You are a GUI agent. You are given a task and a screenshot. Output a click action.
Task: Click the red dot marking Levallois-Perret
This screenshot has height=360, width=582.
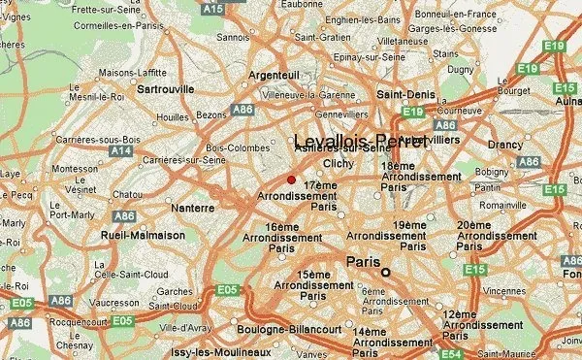(x=291, y=180)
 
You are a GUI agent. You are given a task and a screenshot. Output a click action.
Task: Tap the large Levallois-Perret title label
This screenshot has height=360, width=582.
(x=360, y=142)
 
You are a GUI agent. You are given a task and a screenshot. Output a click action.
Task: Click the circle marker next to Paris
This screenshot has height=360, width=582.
(x=385, y=273)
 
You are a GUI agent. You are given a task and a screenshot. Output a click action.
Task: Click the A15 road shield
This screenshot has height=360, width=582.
(x=212, y=9)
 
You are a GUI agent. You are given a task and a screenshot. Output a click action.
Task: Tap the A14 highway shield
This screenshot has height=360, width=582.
(x=121, y=151)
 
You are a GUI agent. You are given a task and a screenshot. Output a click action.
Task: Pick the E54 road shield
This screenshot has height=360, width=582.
(x=451, y=354)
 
